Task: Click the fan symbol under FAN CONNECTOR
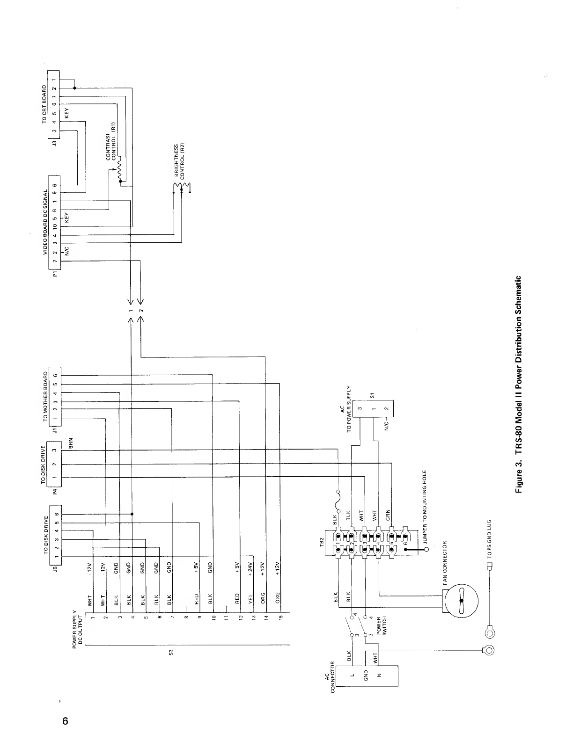point(462,601)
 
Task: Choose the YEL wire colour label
point(250,599)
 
